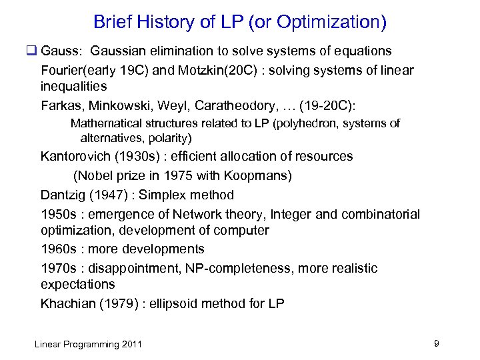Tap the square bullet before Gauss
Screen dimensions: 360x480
click(31, 51)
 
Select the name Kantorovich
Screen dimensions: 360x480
click(77, 157)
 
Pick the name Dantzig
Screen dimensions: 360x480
click(63, 195)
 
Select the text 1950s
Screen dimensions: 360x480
click(59, 215)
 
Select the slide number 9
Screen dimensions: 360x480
click(436, 343)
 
